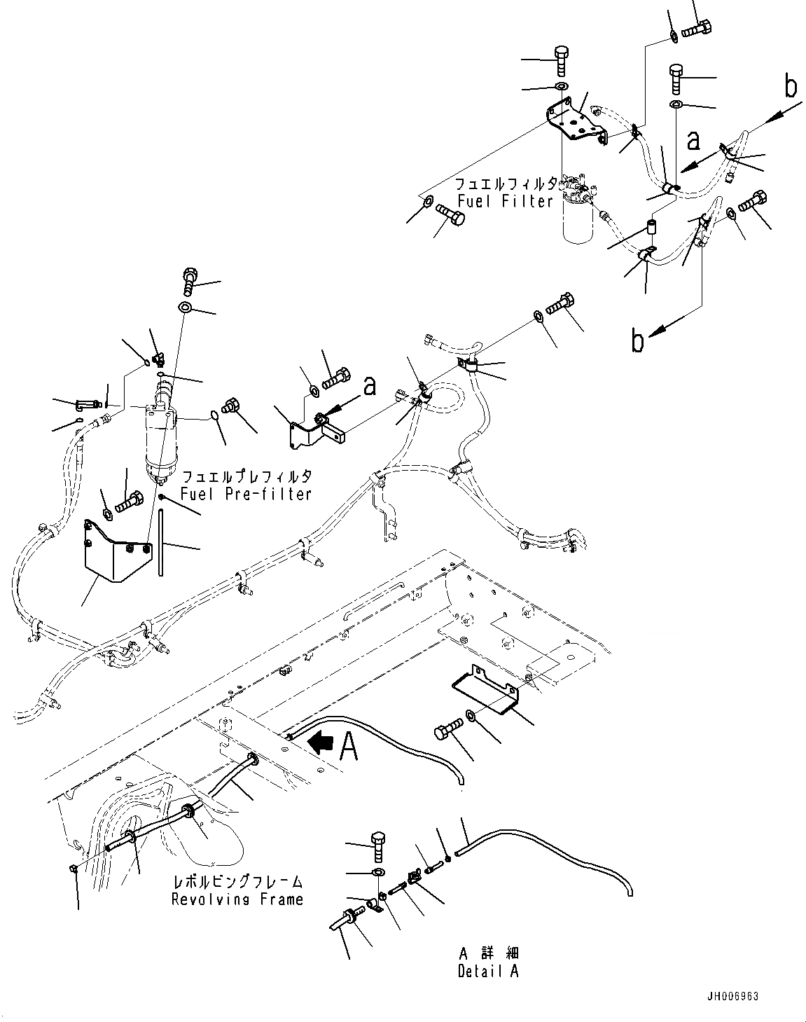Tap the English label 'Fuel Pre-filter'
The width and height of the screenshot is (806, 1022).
pos(245,494)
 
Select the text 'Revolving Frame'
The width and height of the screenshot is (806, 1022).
pos(237,899)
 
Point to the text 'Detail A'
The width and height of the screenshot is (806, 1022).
pos(488,972)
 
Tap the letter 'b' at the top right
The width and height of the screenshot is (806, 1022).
pos(790,87)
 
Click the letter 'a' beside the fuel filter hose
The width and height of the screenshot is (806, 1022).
pos(693,141)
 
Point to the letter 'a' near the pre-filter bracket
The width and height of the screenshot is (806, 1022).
pos(369,386)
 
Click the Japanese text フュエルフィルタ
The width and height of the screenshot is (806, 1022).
pos(506,184)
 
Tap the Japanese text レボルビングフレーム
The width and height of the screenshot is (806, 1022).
pos(237,883)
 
